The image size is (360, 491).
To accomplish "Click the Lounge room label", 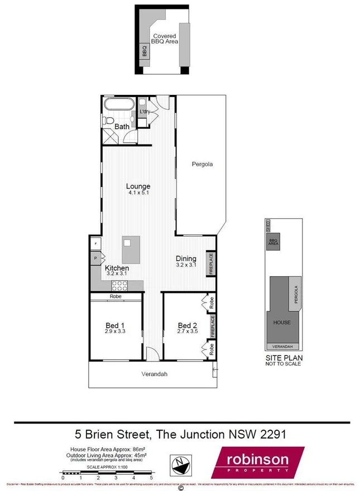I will click(138, 186).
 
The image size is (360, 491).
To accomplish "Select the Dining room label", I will click(186, 258).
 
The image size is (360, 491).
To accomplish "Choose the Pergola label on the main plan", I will click(202, 164).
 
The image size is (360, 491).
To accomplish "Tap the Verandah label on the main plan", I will click(154, 374).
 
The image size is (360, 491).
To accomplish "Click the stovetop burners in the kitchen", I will click(120, 286).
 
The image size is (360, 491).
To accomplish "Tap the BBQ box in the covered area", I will click(144, 51).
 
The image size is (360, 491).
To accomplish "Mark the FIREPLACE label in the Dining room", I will click(212, 263).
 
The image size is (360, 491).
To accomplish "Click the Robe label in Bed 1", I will click(116, 297).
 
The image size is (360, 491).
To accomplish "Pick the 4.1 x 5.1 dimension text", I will click(138, 193).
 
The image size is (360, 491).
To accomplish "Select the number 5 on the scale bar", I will click(151, 478).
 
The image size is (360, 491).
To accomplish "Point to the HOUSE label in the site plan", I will click(282, 322).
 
